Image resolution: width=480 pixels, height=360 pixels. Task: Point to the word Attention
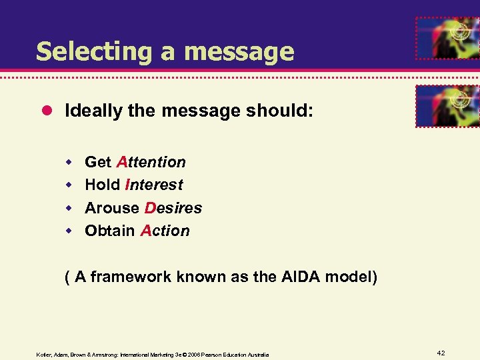pos(151,162)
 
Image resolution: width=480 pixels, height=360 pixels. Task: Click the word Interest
pos(153,185)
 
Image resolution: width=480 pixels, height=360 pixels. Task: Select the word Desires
pos(173,208)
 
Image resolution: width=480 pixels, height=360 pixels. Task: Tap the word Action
pos(165,231)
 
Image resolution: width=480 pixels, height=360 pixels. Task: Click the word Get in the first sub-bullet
pos(98,162)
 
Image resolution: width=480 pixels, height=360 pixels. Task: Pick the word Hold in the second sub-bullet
pos(102,185)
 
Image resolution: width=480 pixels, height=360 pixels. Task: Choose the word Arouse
pos(112,208)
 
